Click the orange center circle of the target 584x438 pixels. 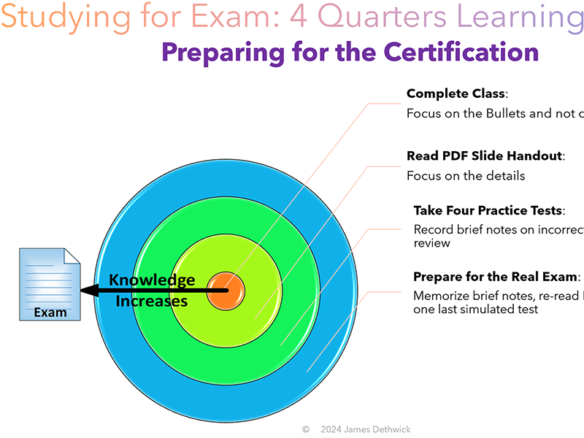coord(226,291)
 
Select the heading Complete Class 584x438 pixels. coord(456,93)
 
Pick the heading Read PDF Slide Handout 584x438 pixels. coord(485,155)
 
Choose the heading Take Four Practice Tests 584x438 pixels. coord(488,210)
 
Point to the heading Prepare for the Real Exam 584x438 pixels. coord(496,277)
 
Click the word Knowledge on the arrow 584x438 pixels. coord(152,280)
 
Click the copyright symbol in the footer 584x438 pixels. coord(306,429)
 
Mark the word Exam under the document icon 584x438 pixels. coord(50,312)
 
